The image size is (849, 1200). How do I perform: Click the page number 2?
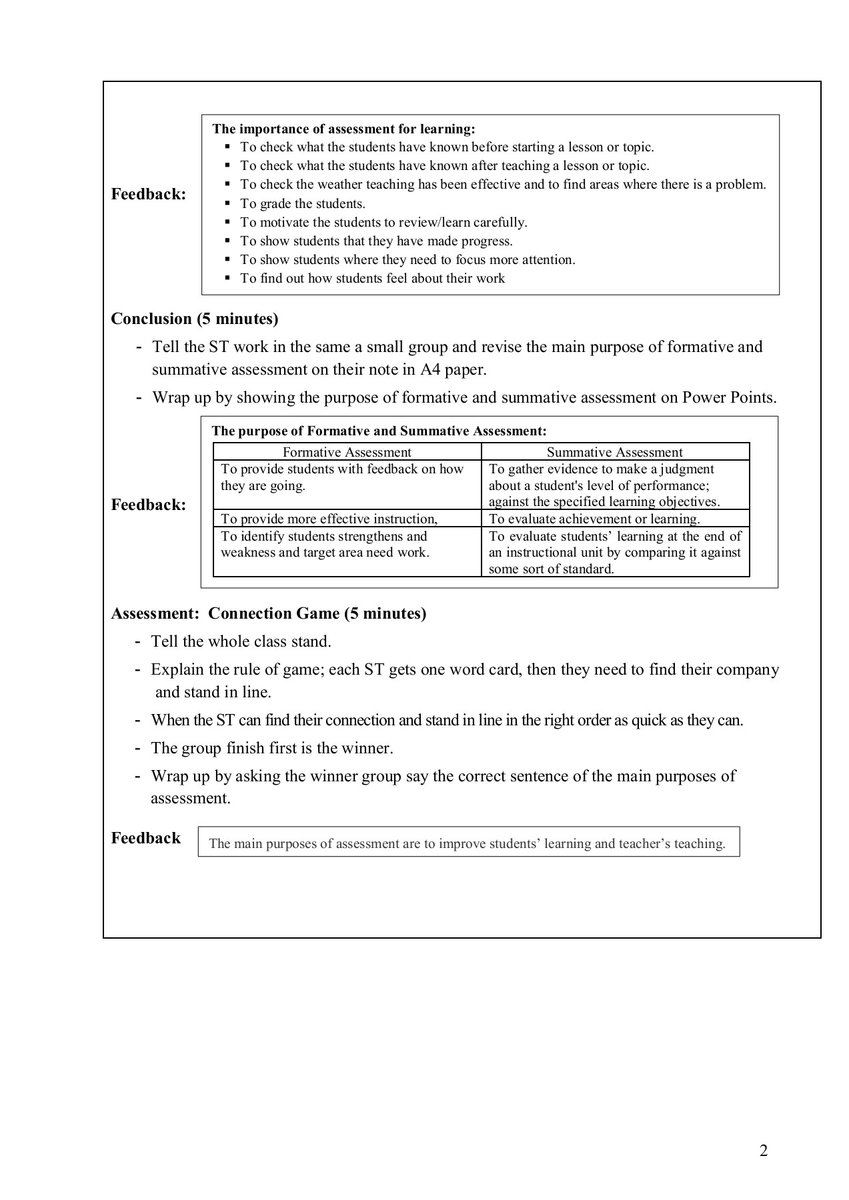pos(764,1150)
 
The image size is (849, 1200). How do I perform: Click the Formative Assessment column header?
pos(347,452)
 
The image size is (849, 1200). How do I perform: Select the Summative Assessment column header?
pos(614,452)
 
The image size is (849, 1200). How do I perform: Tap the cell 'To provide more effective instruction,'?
pos(329,519)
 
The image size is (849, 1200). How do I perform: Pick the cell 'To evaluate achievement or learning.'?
pos(594,519)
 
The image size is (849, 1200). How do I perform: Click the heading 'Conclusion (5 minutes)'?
pos(194,319)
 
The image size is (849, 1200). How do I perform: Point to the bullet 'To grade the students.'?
pos(303,203)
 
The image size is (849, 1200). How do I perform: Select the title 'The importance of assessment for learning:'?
pos(343,129)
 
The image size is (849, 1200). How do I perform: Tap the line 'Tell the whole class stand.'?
pos(241,641)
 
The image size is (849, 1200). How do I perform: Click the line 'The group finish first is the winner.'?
pos(271,748)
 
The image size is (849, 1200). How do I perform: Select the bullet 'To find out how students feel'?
pos(372,278)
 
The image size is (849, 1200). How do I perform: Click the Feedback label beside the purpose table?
pos(148,505)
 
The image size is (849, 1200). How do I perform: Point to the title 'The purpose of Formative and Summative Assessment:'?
pos(379,431)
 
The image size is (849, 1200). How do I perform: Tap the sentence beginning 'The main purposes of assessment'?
pos(467,843)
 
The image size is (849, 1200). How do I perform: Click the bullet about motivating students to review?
pos(383,222)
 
